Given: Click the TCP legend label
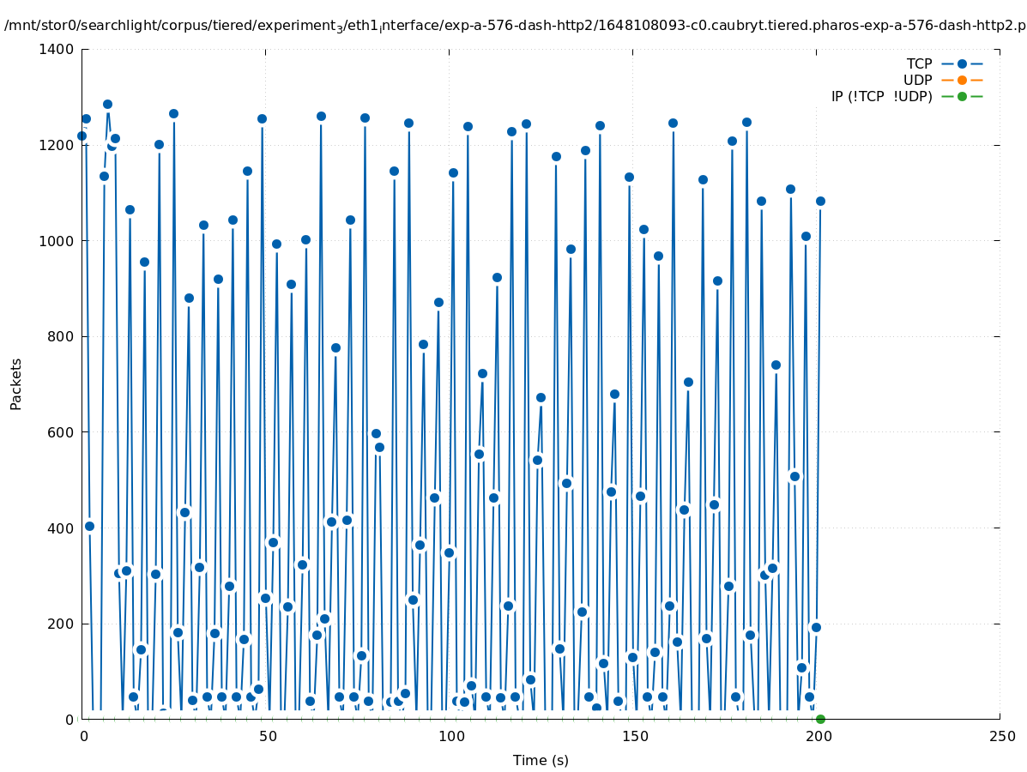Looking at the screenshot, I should [x=919, y=63].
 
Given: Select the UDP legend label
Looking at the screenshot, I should [x=917, y=80].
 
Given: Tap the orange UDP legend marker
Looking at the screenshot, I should [x=962, y=80].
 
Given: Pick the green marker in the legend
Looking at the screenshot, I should [x=962, y=96].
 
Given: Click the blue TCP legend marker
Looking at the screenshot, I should [x=962, y=63].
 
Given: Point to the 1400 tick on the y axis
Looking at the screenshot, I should [x=57, y=49].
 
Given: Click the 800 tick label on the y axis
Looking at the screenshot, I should [x=61, y=336].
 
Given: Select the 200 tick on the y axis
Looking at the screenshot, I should [x=61, y=624].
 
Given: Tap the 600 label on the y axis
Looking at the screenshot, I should [x=61, y=432].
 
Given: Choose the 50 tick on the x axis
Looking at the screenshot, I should [x=266, y=736].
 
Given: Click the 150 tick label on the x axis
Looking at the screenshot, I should [x=633, y=736].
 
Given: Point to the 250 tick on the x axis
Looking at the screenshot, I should [x=1000, y=736].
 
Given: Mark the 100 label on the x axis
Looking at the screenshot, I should [x=450, y=736].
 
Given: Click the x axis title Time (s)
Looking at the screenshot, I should [x=541, y=760].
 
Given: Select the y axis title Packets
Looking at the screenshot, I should [x=16, y=383].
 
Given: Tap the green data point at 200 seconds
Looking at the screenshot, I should [x=820, y=719].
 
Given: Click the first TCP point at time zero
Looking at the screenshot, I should [x=82, y=136].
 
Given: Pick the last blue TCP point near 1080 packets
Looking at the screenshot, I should [x=820, y=201].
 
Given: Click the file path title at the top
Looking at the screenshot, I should [x=515, y=26].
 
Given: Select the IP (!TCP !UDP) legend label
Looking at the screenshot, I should [x=881, y=96].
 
